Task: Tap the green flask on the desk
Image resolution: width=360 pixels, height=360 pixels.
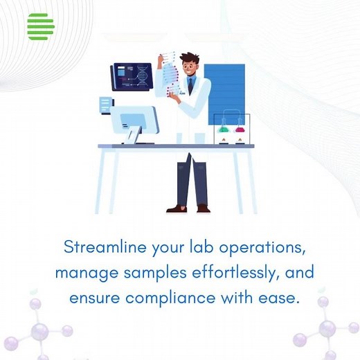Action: click(224, 128)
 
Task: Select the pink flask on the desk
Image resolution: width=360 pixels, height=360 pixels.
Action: click(240, 128)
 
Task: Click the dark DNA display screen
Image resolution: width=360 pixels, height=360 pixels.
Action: click(132, 76)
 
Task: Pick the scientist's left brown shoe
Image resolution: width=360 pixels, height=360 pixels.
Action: click(177, 208)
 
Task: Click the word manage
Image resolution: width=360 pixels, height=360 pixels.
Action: click(78, 273)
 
